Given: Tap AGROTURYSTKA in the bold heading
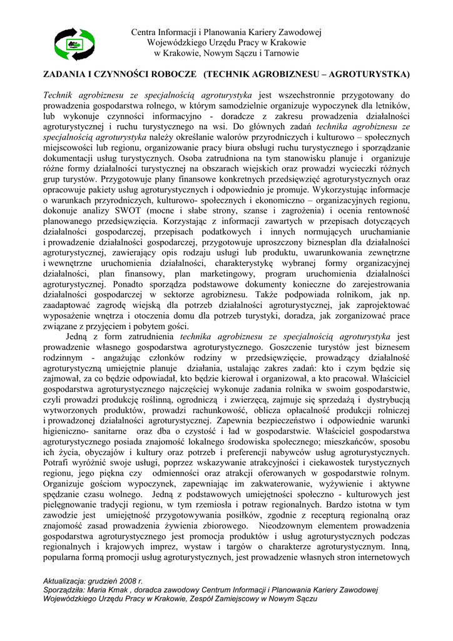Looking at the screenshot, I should click(x=374, y=75).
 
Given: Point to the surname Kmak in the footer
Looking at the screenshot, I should click(x=116, y=590).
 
